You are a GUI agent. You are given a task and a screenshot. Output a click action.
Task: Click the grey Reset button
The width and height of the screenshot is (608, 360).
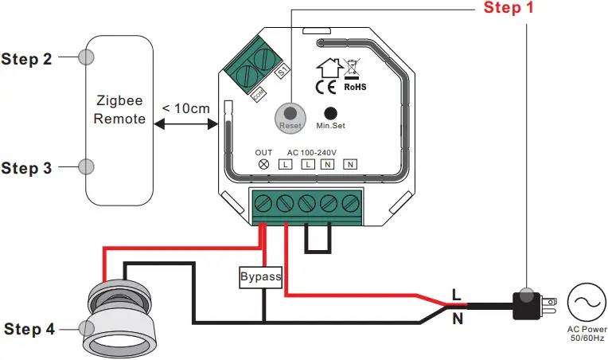(290, 116)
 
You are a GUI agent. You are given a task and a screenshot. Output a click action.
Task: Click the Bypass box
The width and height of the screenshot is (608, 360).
(261, 277)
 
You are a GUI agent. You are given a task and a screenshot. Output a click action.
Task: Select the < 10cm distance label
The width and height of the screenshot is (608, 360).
(186, 108)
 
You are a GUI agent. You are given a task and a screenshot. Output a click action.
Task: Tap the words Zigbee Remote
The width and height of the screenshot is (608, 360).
(120, 110)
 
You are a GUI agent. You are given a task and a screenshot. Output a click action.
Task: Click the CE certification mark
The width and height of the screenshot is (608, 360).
(325, 85)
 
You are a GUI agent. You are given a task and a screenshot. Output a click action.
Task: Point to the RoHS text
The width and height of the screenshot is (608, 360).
(356, 86)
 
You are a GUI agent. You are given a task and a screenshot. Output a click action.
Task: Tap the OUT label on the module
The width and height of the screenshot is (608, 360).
(263, 151)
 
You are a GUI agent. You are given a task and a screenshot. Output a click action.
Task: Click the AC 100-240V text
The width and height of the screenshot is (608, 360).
(311, 151)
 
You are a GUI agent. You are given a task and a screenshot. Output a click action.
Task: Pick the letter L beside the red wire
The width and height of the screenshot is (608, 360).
(456, 293)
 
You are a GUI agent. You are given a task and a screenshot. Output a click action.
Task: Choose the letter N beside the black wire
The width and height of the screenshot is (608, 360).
(457, 319)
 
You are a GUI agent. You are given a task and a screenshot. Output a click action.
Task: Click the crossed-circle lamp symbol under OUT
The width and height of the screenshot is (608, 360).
(263, 164)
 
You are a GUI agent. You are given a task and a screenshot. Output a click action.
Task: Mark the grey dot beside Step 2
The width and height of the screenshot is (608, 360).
(87, 57)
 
